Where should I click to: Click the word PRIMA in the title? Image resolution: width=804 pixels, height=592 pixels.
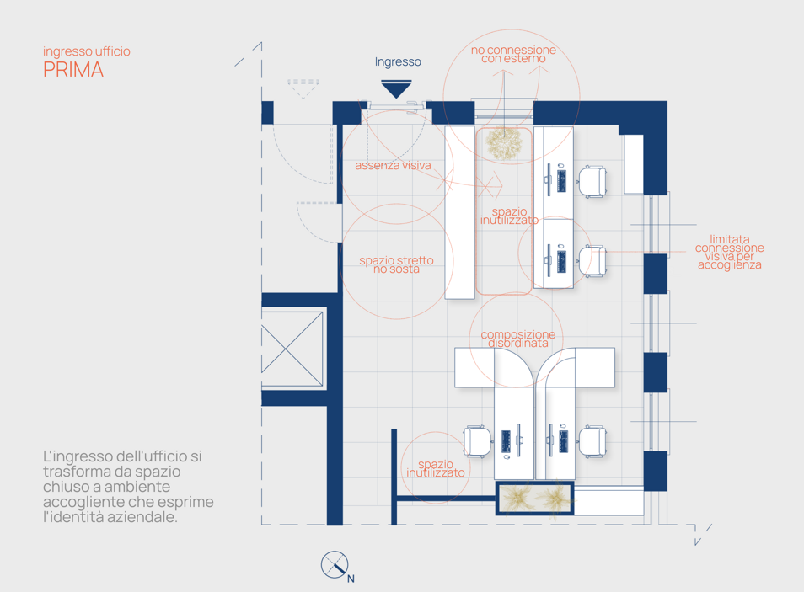tap(73, 70)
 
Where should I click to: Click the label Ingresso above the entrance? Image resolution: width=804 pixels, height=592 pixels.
tap(398, 62)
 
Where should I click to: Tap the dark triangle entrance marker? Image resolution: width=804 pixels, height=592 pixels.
tap(396, 89)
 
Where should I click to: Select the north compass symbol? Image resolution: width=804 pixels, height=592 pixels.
tap(335, 565)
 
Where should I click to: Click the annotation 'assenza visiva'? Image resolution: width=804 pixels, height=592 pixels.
tap(393, 166)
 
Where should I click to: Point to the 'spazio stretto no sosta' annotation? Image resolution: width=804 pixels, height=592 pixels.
tap(396, 264)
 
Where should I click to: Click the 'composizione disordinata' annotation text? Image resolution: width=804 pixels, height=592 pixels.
tap(518, 339)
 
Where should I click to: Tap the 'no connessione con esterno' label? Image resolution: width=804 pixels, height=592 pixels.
tap(513, 54)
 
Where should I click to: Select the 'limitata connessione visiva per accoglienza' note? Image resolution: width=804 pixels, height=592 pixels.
tap(729, 252)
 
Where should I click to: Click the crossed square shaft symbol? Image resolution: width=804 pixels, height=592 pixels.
tap(292, 349)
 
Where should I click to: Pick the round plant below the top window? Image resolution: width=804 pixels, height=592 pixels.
tap(504, 143)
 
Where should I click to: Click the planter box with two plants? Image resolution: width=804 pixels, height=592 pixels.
tap(534, 498)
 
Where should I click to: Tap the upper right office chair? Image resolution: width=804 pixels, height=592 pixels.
tap(592, 181)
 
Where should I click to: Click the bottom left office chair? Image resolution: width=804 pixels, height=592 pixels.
tap(476, 440)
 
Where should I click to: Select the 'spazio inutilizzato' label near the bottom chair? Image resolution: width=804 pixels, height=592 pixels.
tap(436, 468)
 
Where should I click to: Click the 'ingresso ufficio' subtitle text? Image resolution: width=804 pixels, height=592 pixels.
tap(87, 51)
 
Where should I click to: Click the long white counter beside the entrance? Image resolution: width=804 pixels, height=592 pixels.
tap(459, 211)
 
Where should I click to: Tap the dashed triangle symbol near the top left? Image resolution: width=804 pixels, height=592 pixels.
tap(303, 88)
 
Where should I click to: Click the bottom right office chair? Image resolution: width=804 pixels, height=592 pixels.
tap(592, 440)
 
